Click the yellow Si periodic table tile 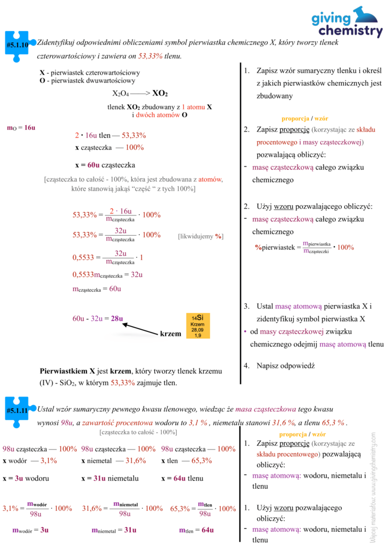coord(198,325)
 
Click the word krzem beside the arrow coord(171,334)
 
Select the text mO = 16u coord(21,128)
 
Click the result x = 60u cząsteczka coord(105,165)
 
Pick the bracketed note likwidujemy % coord(200,236)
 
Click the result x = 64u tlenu coord(182,478)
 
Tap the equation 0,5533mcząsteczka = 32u coord(107,274)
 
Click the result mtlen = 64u coord(196,530)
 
